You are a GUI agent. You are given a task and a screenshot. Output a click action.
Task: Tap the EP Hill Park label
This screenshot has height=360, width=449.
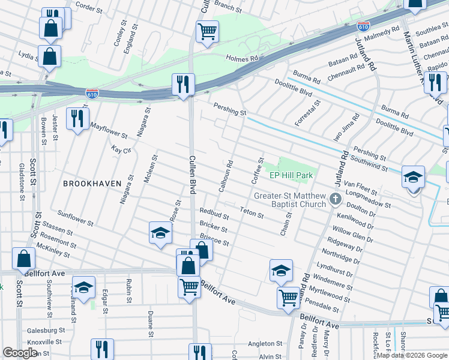(291, 175)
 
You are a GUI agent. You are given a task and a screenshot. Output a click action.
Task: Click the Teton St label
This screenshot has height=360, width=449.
(252, 212)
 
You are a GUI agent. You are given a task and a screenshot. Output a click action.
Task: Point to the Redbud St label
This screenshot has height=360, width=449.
(214, 212)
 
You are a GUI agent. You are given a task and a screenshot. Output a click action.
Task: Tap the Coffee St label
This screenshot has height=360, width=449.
(257, 171)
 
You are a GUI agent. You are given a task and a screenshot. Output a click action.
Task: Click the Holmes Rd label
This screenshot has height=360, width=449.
(242, 59)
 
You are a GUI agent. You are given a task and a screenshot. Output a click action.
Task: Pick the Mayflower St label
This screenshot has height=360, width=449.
(109, 131)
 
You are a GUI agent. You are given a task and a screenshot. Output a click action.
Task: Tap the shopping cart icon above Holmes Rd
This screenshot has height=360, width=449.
(207, 31)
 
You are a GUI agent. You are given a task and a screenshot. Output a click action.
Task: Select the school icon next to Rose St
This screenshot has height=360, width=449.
(160, 232)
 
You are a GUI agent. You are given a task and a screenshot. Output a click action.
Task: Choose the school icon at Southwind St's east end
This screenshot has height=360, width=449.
(413, 178)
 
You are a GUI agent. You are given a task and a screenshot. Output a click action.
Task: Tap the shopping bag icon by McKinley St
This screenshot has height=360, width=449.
(23, 259)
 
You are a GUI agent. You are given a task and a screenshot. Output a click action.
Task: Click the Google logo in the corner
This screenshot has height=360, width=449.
(20, 352)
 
